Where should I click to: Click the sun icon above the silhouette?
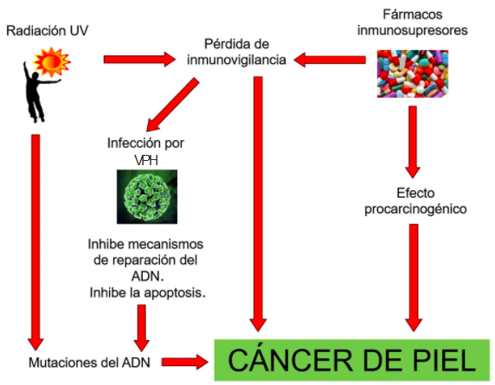(52, 61)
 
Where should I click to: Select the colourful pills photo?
(413, 74)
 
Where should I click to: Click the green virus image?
(147, 196)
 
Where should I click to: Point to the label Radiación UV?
(47, 30)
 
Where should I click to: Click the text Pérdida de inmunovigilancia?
(236, 52)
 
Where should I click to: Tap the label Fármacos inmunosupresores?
(412, 22)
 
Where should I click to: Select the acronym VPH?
(146, 160)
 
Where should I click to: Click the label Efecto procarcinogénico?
(415, 201)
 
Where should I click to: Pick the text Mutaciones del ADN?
(89, 363)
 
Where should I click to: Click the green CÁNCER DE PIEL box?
(352, 360)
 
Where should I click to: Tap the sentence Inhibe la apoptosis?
(147, 292)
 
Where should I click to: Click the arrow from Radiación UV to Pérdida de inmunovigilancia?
(139, 60)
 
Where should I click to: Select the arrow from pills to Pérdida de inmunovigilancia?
(330, 60)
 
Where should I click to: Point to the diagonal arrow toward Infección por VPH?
(172, 105)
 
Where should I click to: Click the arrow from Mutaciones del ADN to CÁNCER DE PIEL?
(185, 362)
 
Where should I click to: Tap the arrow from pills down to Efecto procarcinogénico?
(413, 142)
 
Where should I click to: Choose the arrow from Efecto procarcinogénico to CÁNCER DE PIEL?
(414, 278)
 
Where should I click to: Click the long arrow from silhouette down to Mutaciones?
(35, 242)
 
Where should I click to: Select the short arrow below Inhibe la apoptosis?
(141, 328)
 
